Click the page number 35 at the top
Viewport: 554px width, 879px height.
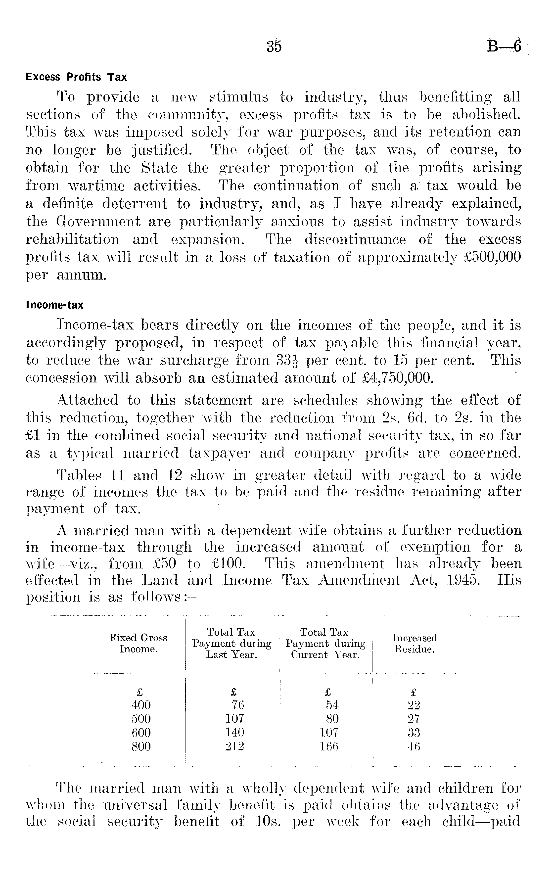pyautogui.click(x=274, y=47)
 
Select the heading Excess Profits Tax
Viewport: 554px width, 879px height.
pyautogui.click(x=76, y=77)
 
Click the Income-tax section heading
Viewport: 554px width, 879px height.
pyautogui.click(x=55, y=305)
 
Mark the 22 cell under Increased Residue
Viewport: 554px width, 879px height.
pyautogui.click(x=414, y=704)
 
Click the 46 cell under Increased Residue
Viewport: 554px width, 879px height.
pyautogui.click(x=414, y=746)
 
